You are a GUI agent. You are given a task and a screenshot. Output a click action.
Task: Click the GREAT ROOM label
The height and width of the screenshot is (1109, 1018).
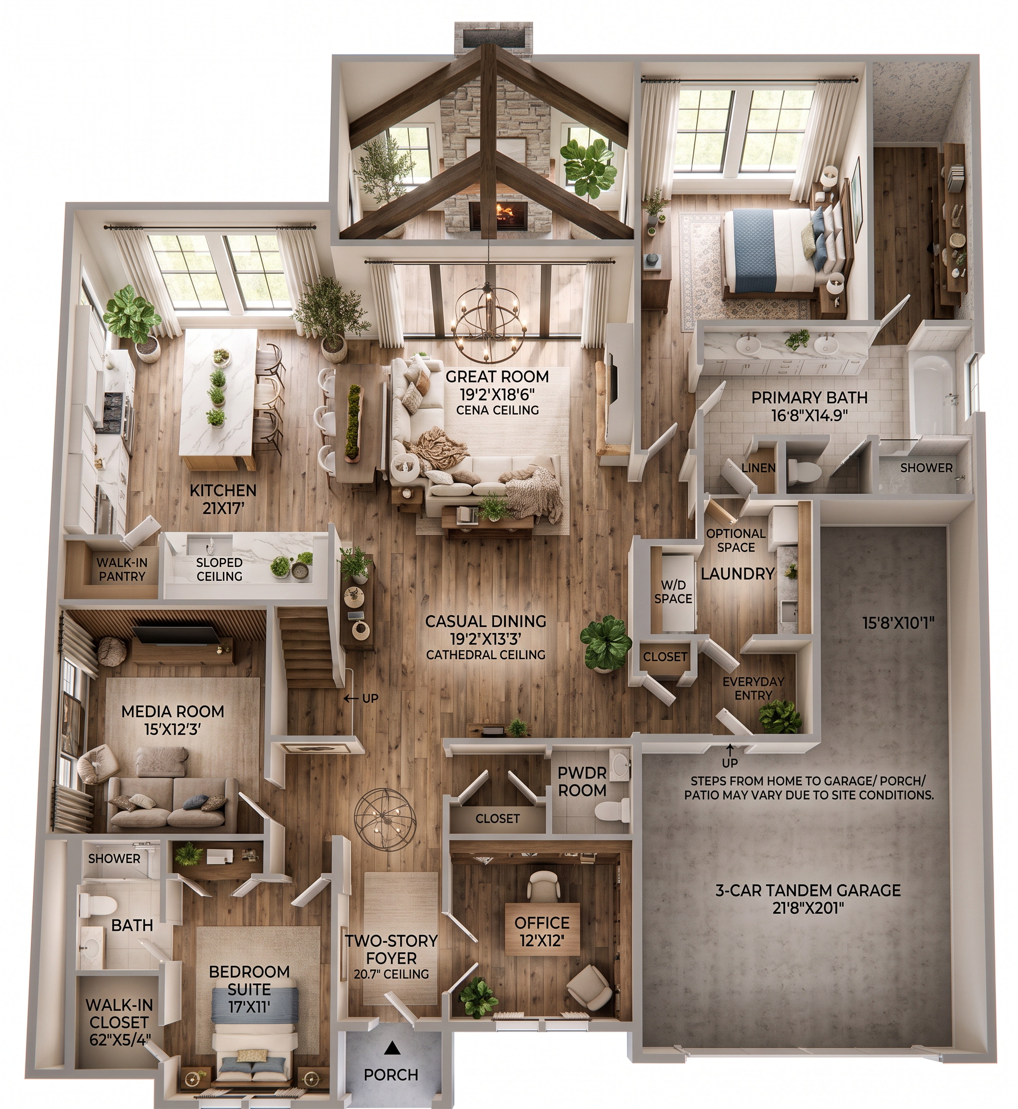click(497, 376)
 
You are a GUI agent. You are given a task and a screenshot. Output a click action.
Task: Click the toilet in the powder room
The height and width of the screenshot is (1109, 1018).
click(611, 810)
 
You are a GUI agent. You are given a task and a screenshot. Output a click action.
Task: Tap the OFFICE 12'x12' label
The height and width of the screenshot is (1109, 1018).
click(542, 931)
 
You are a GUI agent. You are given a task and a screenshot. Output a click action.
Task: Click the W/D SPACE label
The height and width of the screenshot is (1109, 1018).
click(673, 591)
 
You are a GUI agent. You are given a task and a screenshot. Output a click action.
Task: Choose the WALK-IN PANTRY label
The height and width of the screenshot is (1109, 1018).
click(122, 569)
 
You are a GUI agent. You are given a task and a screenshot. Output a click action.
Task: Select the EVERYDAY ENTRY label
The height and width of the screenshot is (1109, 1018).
click(753, 689)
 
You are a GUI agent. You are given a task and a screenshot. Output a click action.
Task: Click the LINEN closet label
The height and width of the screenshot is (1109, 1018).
click(758, 468)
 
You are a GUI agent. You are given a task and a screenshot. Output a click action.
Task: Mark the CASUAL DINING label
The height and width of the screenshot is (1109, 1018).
click(485, 621)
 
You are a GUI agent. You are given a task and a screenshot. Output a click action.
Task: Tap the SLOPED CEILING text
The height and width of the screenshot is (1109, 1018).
click(219, 569)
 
